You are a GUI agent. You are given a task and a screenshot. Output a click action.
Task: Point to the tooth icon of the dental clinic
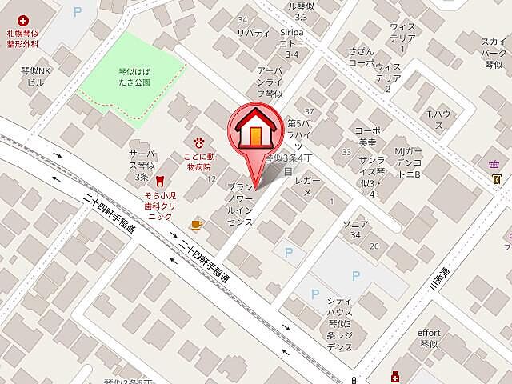coord(159,181)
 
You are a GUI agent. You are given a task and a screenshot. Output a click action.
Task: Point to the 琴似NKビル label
coord(36,77)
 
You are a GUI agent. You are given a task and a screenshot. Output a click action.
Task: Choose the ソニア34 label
coord(354,229)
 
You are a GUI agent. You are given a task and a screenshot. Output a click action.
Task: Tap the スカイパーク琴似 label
coord(492,50)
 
